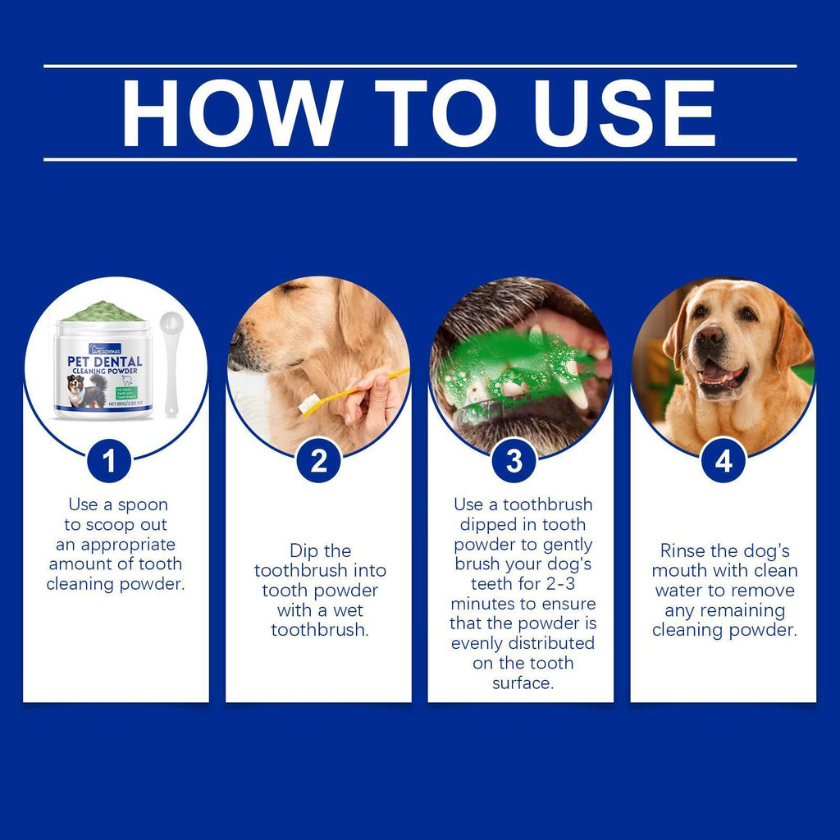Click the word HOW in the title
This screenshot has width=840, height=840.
pyautogui.click(x=232, y=113)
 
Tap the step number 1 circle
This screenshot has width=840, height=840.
pyautogui.click(x=109, y=462)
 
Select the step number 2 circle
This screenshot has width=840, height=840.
pyautogui.click(x=318, y=462)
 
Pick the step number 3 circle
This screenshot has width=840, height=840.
pyautogui.click(x=514, y=462)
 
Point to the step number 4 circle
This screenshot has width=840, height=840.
pyautogui.click(x=723, y=462)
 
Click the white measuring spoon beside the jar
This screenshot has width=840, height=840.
pyautogui.click(x=171, y=361)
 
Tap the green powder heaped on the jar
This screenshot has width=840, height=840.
pyautogui.click(x=103, y=313)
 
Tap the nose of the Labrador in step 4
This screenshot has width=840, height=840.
pyautogui.click(x=709, y=337)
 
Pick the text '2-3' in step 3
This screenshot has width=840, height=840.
pyautogui.click(x=572, y=583)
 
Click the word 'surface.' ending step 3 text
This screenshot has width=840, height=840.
pyautogui.click(x=523, y=682)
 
